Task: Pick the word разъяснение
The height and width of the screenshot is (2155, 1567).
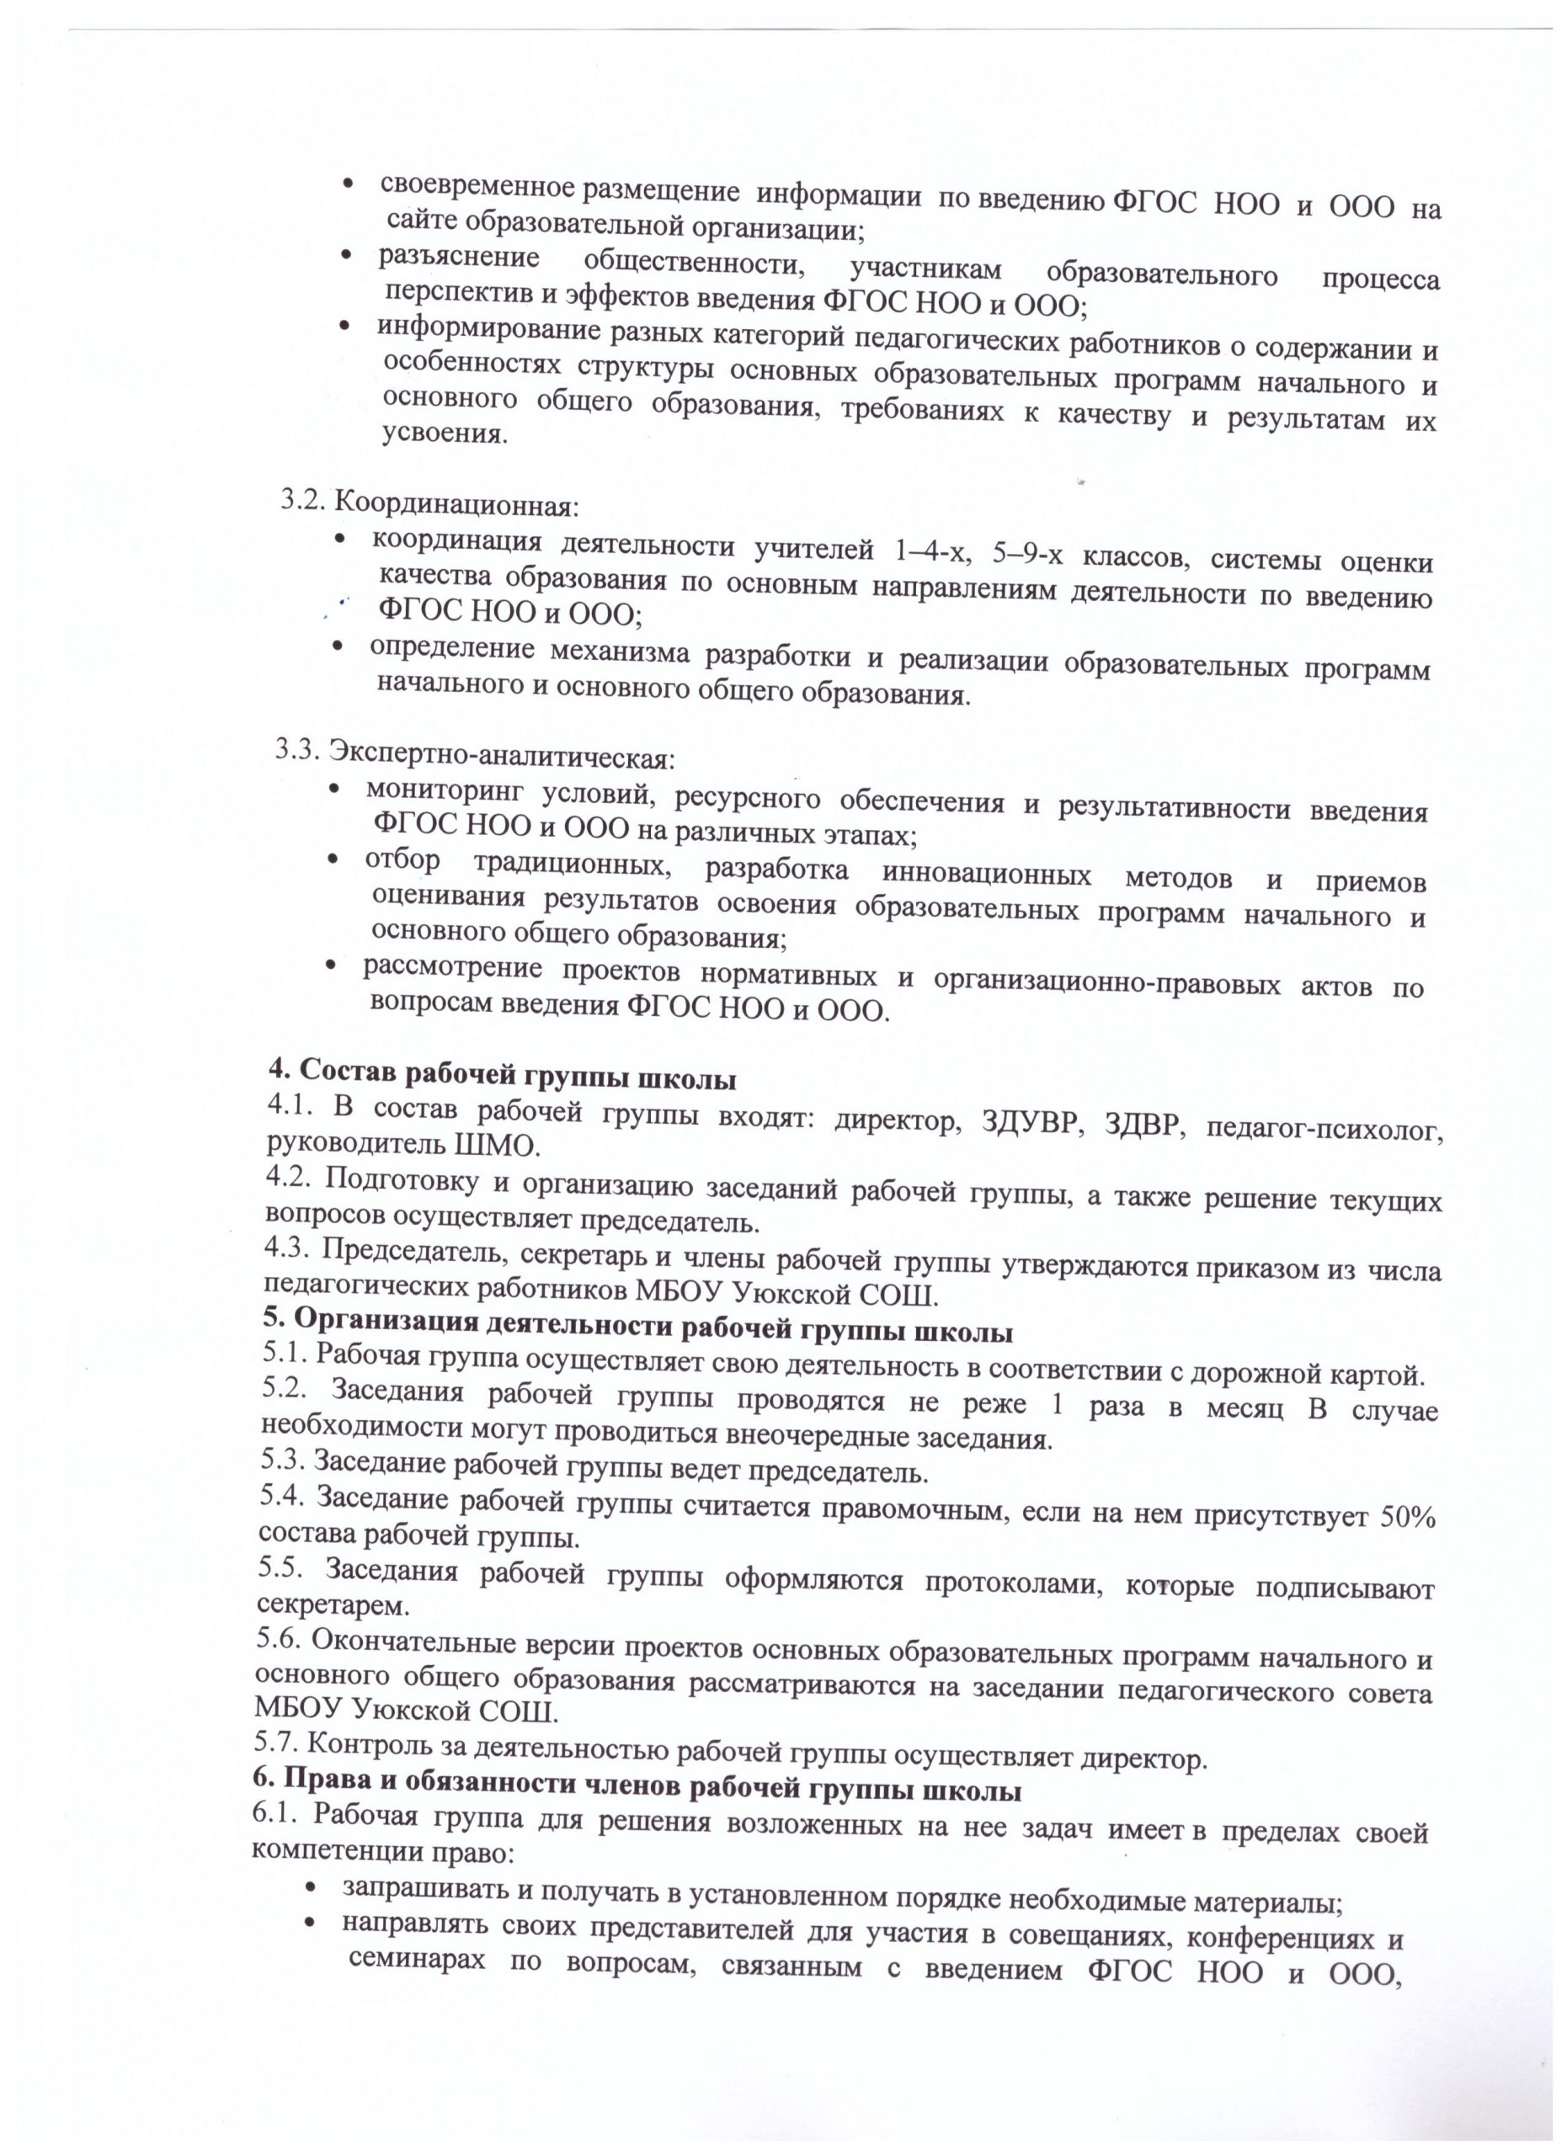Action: pyautogui.click(x=459, y=257)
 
